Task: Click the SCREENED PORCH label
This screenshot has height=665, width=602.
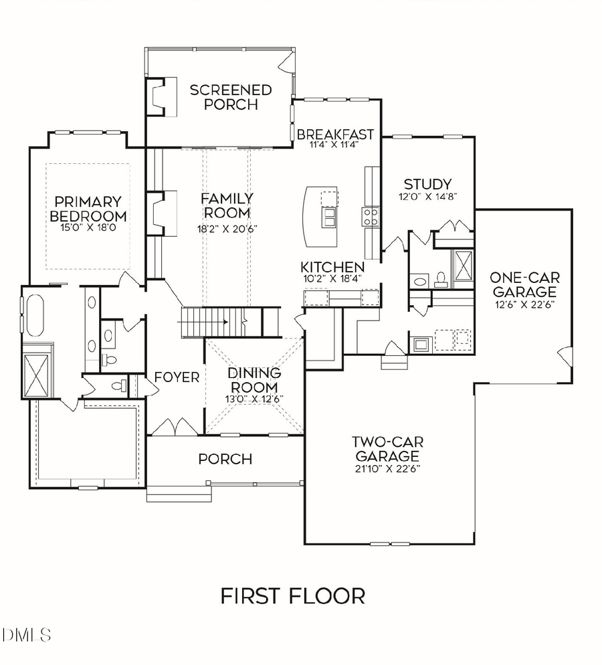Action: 220,97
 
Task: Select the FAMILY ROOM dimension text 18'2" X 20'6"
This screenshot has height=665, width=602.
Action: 227,228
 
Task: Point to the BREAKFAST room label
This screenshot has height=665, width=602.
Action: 335,134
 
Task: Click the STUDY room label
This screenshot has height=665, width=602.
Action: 427,184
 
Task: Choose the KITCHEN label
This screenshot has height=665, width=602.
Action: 332,266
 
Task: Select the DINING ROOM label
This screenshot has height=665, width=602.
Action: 254,380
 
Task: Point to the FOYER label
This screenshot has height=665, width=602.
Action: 177,377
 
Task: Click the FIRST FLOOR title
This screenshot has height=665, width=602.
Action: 293,595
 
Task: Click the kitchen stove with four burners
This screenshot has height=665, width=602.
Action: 371,215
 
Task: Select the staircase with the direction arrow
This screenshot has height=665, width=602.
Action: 214,322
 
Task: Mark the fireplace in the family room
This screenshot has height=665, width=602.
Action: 162,213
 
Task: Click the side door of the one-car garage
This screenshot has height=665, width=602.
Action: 566,356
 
